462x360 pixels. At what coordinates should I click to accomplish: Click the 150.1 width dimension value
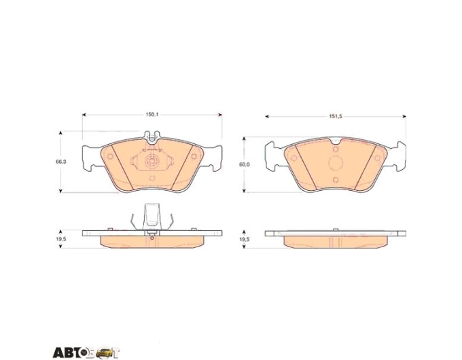tap(152, 115)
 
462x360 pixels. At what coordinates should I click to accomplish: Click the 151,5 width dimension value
tap(336, 116)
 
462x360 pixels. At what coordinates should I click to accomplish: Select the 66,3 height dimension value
tap(61, 162)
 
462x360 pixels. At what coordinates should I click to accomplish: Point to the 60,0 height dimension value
tap(245, 164)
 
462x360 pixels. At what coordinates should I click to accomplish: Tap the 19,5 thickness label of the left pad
tap(60, 240)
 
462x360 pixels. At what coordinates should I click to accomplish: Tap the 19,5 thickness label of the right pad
tap(245, 240)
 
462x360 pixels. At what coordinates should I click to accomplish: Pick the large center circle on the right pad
tap(336, 164)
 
